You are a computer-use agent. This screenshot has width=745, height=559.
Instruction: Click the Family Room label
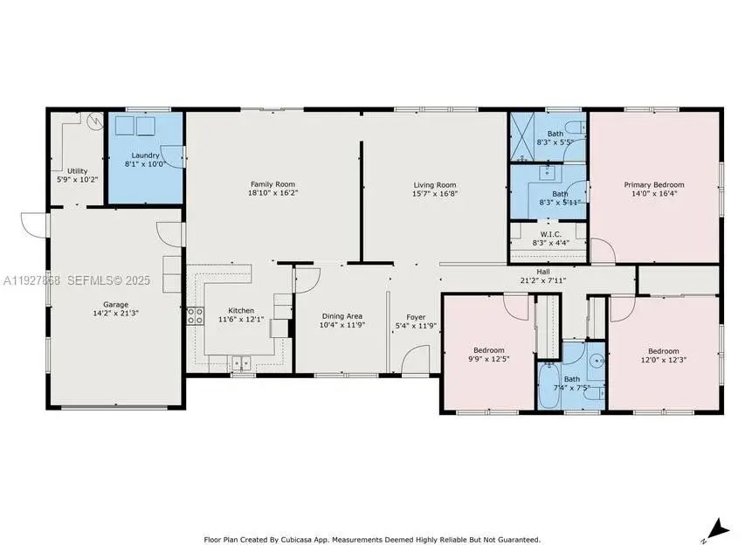coord(272,184)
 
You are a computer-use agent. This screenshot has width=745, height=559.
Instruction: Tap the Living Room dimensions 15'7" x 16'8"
coord(434,195)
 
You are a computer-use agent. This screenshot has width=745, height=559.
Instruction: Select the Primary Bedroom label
coord(653,184)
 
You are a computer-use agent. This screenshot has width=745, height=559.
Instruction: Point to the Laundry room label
coord(145,155)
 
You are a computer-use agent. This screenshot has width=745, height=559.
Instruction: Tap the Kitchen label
coord(241,310)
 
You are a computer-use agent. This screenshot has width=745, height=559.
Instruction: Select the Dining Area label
coord(341,316)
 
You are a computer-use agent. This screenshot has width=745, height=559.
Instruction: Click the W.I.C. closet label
coord(550,234)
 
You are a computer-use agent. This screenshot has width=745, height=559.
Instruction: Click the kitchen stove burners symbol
coord(194,316)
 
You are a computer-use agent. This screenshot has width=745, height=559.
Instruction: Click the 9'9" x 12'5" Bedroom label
coord(488,350)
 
